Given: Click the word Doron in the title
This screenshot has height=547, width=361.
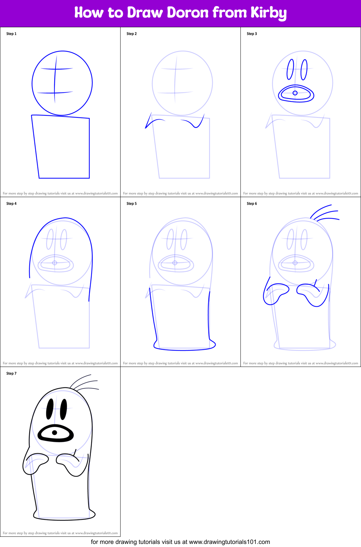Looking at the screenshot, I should pos(188,13).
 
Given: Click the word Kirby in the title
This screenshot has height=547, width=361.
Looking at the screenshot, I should pos(269,13).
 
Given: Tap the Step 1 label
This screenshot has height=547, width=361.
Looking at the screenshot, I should pos(11,34).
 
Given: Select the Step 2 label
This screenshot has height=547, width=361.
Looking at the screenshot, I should pos(131,34).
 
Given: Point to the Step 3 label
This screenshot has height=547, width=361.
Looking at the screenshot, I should pos(252,34).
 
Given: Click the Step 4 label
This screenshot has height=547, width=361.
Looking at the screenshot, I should pos(11,204).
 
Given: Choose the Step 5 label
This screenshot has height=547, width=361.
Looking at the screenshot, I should pos(131,204).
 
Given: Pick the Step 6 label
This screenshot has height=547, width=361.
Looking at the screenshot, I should pos(252,204).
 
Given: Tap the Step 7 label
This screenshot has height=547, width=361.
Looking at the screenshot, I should pos(11,373).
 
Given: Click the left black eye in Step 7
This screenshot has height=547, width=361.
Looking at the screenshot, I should pos(50,409).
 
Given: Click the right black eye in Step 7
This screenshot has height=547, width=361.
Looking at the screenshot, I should pos(63,409).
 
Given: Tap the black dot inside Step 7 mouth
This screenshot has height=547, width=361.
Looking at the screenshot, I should pos(54,433).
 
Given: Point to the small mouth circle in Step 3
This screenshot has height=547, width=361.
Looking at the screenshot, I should pos(295,93).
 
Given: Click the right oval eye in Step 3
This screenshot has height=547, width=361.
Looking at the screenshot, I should pos(304,69).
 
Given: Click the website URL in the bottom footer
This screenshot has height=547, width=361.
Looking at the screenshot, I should pos(229,542).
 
